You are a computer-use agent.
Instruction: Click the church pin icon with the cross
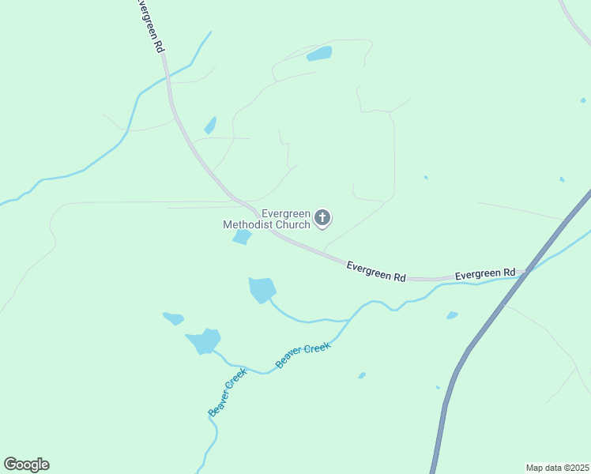(x=322, y=217)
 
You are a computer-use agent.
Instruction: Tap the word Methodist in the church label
(x=250, y=225)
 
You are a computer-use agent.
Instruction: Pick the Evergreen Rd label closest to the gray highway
(x=485, y=274)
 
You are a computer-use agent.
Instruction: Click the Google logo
(x=26, y=465)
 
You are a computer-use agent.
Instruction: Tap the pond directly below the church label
(x=243, y=237)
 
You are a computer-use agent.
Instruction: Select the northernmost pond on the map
(x=319, y=54)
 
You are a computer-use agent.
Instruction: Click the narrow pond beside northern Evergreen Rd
(x=210, y=126)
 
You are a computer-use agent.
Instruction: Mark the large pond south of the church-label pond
(x=262, y=289)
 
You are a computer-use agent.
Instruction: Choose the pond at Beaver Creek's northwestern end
(x=205, y=341)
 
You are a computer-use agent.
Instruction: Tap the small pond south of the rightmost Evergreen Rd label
(x=452, y=315)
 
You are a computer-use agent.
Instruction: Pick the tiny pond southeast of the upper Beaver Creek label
(x=362, y=375)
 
